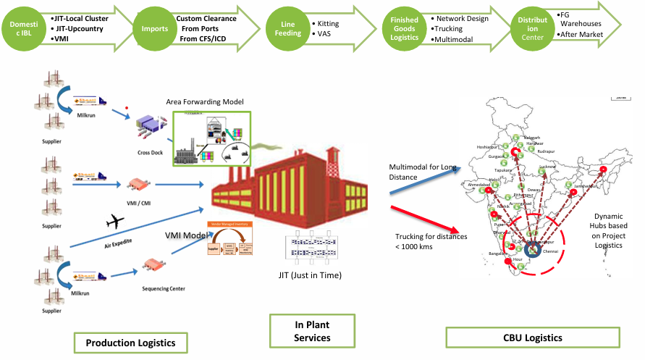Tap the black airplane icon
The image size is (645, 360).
point(115,220)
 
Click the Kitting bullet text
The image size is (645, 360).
point(328,24)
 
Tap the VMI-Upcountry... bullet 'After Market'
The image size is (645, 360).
point(584,34)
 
